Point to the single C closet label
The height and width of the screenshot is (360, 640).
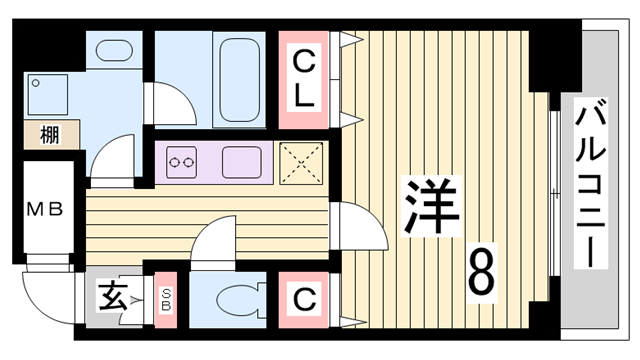pyautogui.click(x=304, y=298)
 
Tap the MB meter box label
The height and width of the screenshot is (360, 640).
pyautogui.click(x=45, y=210)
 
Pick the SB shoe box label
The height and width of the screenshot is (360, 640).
pyautogui.click(x=166, y=297)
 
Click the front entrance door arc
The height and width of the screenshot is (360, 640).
pyautogui.click(x=45, y=290)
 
